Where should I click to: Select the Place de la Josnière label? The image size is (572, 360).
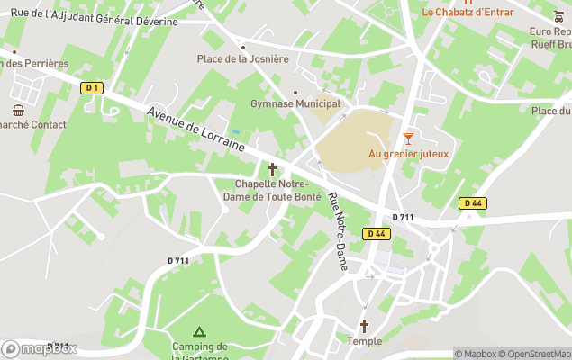243,59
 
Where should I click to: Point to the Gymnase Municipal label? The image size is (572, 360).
295,104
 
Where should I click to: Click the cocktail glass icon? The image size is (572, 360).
409,138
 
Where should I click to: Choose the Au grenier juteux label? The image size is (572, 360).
408,154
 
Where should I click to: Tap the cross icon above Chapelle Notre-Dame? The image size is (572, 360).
272,168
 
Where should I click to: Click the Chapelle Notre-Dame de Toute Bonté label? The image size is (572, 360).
271,191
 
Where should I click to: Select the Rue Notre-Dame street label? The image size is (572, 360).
338,233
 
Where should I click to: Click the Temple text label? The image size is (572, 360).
365,341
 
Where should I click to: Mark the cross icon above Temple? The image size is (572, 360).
365,326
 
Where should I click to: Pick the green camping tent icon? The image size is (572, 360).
199,332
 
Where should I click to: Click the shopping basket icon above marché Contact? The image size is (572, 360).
19,110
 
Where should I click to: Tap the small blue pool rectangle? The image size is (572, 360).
235,132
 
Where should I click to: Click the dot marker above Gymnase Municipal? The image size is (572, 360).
295,92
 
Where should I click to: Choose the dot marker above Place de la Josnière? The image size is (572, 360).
243,47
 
